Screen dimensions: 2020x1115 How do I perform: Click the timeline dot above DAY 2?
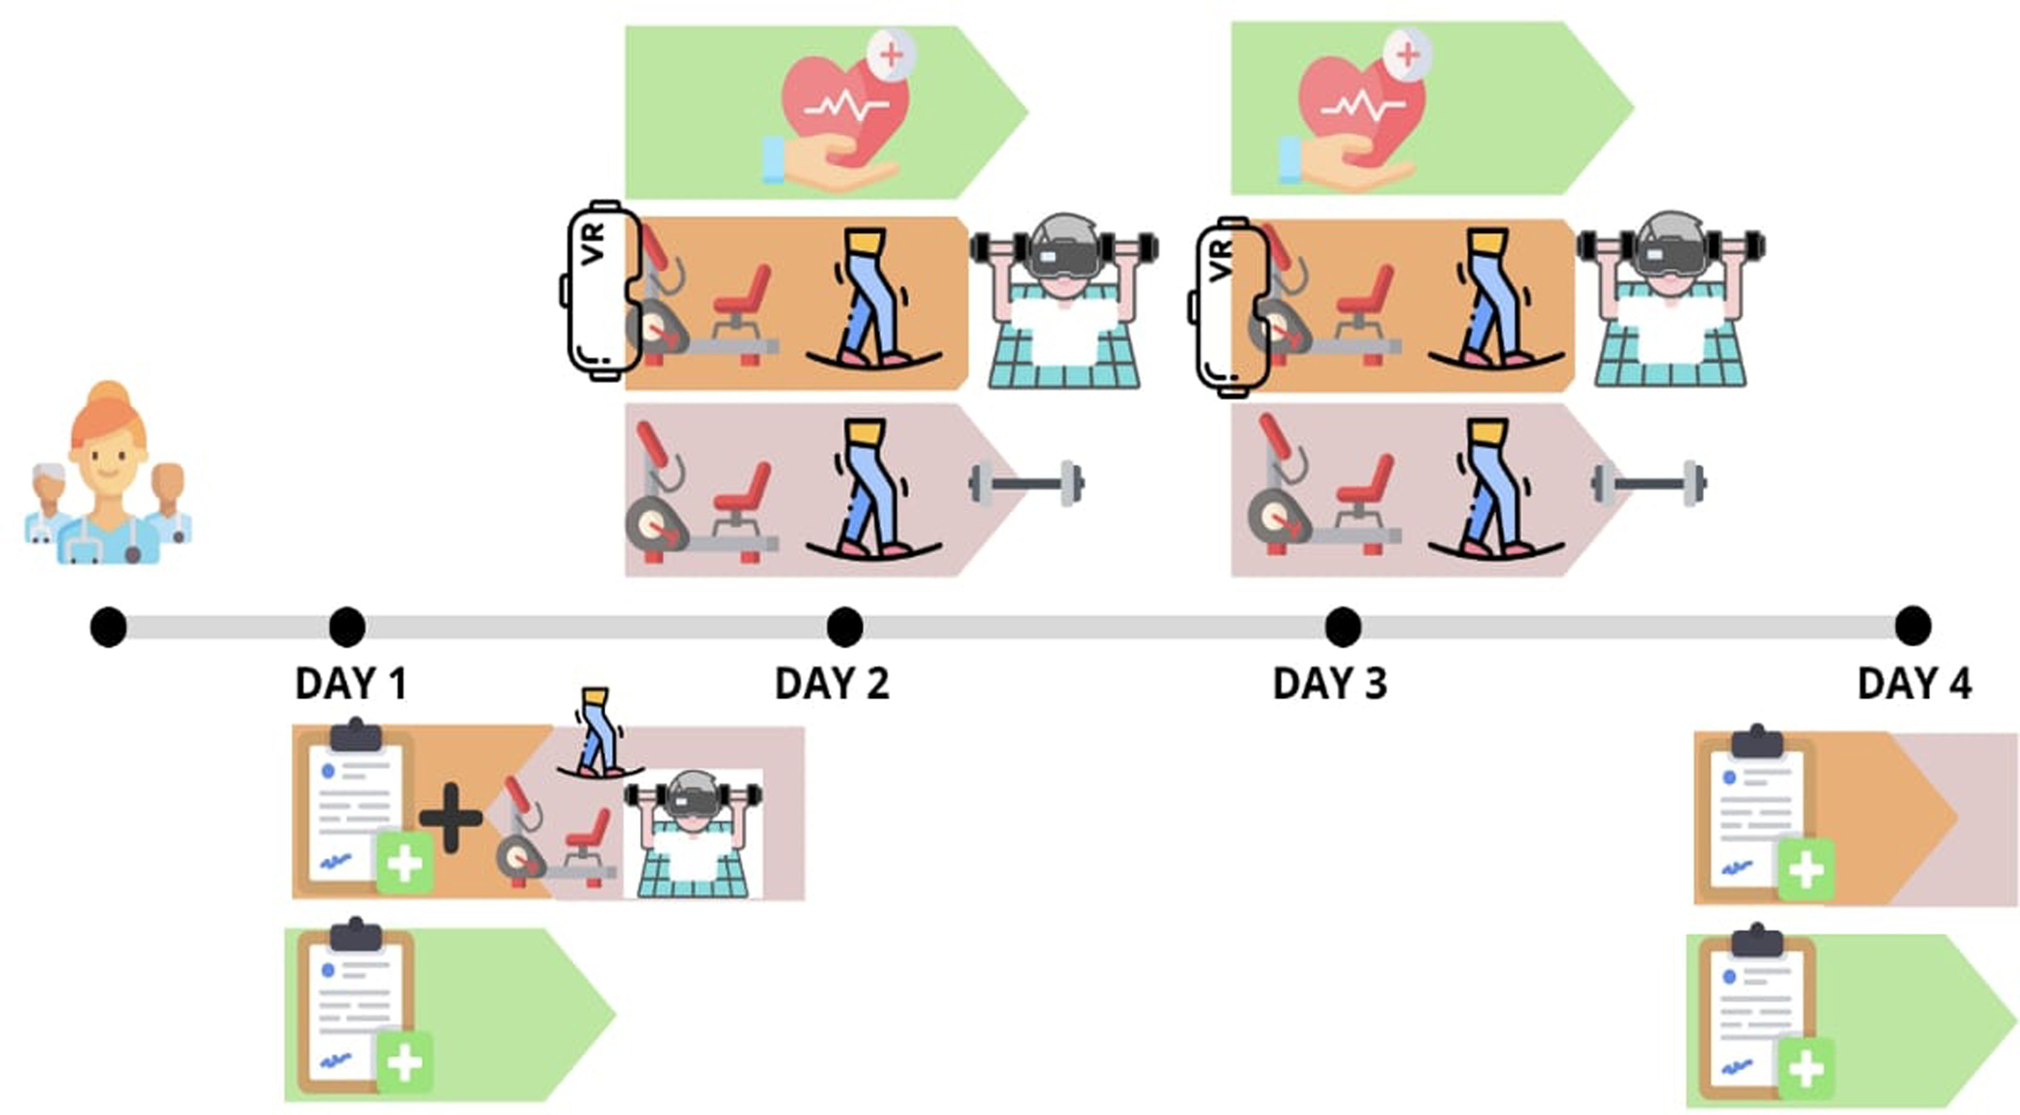click(844, 627)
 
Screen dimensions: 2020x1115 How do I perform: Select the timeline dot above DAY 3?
click(1342, 627)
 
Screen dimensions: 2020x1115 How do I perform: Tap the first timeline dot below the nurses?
click(108, 627)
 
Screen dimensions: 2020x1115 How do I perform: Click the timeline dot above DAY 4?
click(1913, 627)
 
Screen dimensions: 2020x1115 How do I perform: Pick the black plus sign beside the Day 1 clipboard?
click(450, 817)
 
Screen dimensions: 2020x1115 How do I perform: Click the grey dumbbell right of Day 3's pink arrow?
click(1648, 484)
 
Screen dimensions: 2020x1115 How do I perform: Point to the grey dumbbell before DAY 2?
click(1027, 483)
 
